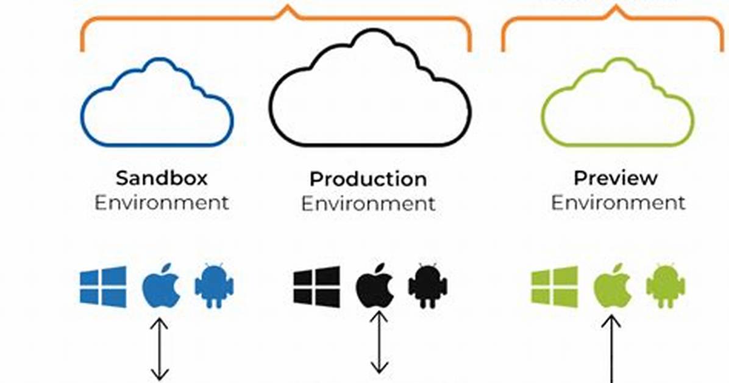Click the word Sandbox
162,178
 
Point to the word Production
368,179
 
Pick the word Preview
616,178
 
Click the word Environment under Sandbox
162,203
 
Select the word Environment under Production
368,204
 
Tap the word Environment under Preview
618,203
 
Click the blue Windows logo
103,287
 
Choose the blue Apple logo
161,286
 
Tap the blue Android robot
214,286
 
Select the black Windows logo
316,287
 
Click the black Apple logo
375,286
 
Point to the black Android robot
428,286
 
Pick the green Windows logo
555,287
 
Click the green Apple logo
613,286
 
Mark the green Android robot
666,286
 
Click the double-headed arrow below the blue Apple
160,349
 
